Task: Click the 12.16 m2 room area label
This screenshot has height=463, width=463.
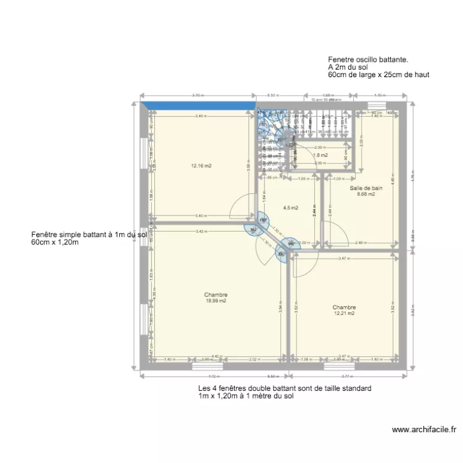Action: tap(201, 165)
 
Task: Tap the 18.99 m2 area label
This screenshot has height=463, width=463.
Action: tap(216, 301)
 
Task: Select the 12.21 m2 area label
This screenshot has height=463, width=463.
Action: tap(344, 314)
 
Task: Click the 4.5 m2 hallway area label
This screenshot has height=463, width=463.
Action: tap(290, 208)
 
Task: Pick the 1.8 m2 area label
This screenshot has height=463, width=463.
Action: tap(320, 155)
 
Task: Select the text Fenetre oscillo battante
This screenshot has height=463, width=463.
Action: tap(369, 60)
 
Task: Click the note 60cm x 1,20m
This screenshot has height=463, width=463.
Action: tap(55, 242)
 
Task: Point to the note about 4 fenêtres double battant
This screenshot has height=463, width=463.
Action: tap(285, 388)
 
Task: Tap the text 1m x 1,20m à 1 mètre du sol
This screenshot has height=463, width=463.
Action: tap(246, 396)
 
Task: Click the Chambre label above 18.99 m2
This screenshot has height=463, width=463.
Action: tap(216, 294)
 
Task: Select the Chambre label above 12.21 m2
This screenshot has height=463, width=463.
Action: tap(344, 307)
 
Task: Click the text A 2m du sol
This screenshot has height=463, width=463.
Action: tap(348, 67)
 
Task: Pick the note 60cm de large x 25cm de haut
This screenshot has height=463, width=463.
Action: tap(378, 74)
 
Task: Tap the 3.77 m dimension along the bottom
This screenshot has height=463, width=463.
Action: tap(346, 376)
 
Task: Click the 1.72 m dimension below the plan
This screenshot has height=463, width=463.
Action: tap(214, 376)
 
